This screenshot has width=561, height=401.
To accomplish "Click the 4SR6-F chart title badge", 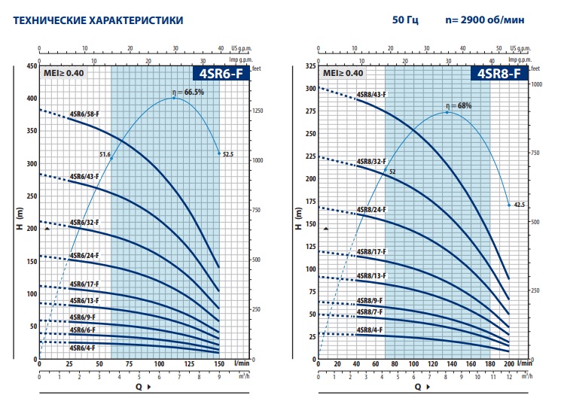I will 218,74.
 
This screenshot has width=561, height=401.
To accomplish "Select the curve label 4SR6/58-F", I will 84,114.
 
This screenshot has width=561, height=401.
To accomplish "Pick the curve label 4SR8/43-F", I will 370,95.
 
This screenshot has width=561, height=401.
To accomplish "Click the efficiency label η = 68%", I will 458,106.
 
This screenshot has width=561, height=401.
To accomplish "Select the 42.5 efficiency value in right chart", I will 520,205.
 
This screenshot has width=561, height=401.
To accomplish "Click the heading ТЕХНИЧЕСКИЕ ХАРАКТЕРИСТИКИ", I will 87,20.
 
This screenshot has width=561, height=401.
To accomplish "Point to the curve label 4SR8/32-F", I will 370,162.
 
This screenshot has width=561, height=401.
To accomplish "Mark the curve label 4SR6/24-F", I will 84,256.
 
